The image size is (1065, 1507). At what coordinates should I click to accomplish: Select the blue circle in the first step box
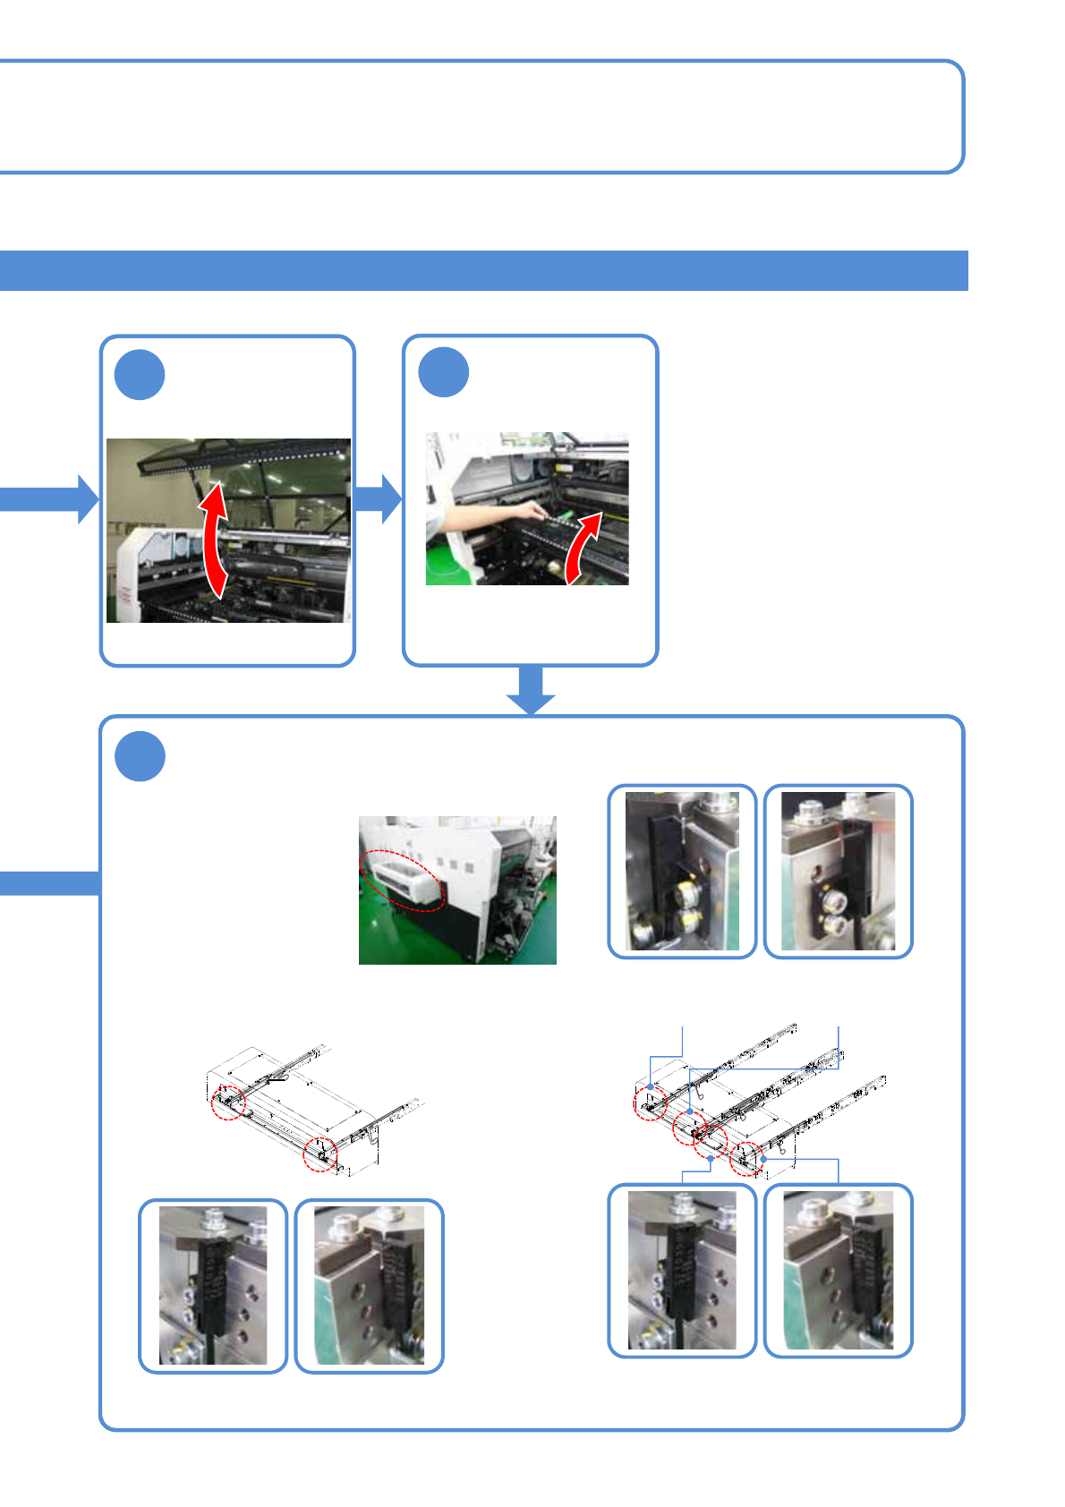click(140, 375)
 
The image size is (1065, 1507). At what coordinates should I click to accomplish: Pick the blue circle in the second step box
click(444, 373)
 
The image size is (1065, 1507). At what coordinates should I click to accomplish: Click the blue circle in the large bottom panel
click(141, 756)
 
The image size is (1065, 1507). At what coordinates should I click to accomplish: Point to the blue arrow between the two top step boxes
click(379, 498)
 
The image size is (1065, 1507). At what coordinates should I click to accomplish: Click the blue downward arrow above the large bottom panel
click(531, 690)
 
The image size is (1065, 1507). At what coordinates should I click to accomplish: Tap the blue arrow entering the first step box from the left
click(49, 498)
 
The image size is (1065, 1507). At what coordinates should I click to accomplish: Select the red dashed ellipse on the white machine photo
click(403, 880)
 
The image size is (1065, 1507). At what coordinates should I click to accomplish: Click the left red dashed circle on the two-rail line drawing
click(228, 1103)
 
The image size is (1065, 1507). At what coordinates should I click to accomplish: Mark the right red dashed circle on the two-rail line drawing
click(319, 1154)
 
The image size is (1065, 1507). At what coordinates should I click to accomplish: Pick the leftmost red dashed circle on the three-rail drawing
click(650, 1103)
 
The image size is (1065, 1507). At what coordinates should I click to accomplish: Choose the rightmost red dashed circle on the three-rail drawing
click(746, 1159)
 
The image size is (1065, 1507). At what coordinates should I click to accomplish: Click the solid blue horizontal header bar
click(483, 270)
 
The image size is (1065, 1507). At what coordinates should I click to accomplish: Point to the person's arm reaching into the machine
click(488, 519)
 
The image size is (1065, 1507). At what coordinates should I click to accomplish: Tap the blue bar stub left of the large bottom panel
click(49, 882)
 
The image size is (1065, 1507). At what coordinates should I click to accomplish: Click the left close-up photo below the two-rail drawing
click(213, 1285)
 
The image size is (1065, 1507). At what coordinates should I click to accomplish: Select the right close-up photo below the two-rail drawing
click(369, 1285)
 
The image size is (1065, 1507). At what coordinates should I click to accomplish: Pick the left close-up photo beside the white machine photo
click(682, 871)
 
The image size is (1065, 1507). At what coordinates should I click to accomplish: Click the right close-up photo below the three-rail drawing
click(838, 1270)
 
